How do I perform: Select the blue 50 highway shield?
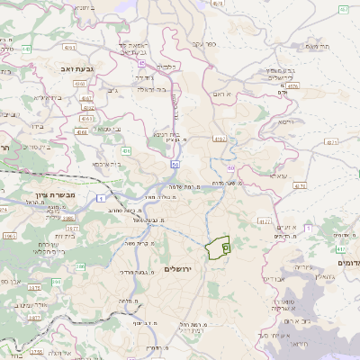pos(174,165)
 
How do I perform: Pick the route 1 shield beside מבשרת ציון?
pos(102,196)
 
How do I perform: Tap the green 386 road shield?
pos(79,266)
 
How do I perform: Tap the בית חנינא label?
pos(179,134)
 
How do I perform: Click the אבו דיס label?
pos(272,279)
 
